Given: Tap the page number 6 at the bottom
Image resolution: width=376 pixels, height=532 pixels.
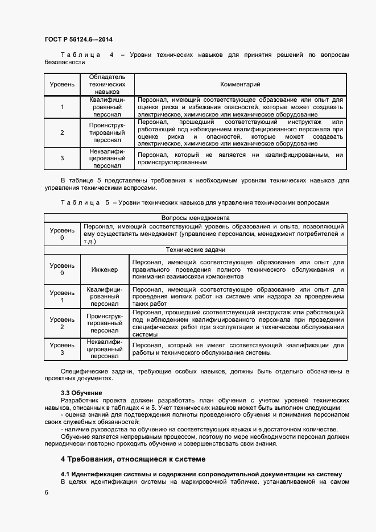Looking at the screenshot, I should coord(46,492).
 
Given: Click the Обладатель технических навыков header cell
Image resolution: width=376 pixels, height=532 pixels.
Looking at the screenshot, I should coord(107,84).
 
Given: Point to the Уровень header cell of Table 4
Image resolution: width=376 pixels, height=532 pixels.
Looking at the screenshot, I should coord(61,84).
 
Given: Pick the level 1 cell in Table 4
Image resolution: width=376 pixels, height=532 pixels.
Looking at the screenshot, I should coord(61,107).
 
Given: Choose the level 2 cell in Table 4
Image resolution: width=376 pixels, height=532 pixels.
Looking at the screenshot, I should coord(61,132).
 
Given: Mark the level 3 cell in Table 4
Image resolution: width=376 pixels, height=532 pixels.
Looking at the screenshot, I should coord(61,159).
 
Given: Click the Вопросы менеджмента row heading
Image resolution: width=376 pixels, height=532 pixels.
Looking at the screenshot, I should coord(195,218).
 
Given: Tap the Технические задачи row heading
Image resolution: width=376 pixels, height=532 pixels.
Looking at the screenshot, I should coord(195,250).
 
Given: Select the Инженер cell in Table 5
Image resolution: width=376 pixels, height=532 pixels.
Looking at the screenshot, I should coord(105,269).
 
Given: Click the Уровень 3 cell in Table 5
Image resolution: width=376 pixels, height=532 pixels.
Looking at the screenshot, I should coord(62,349).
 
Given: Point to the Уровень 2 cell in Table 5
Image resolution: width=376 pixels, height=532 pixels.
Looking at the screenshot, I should coord(62,323).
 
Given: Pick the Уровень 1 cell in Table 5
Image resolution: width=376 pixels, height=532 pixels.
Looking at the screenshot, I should coord(62,296).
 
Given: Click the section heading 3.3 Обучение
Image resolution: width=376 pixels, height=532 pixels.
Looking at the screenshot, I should coord(81,393).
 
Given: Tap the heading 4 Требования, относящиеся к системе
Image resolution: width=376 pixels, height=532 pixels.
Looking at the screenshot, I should coord(133,459).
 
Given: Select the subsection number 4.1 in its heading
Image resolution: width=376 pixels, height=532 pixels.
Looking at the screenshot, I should coord(66,473).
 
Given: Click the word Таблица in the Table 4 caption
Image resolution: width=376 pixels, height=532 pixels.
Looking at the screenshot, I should coord(80,55).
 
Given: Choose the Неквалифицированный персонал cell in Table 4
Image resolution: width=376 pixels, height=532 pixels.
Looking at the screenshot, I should coord(107,159).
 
